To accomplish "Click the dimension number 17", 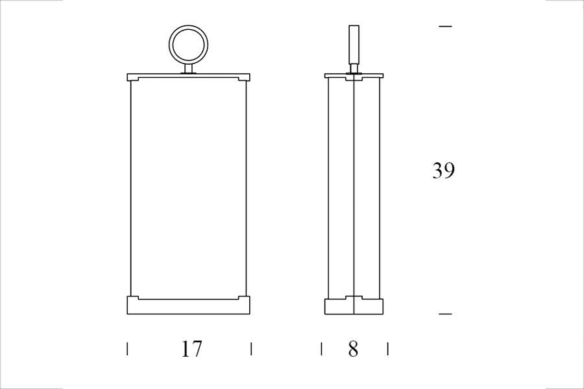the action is [191, 349].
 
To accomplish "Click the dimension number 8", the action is [353, 349].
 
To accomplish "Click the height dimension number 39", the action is [443, 170].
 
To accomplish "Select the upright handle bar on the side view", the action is [354, 44].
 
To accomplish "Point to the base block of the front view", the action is [188, 305].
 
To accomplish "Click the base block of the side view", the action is [354, 305].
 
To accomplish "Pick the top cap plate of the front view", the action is [188, 77].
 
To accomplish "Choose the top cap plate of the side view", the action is [354, 76].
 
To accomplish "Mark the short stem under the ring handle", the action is [188, 69].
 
